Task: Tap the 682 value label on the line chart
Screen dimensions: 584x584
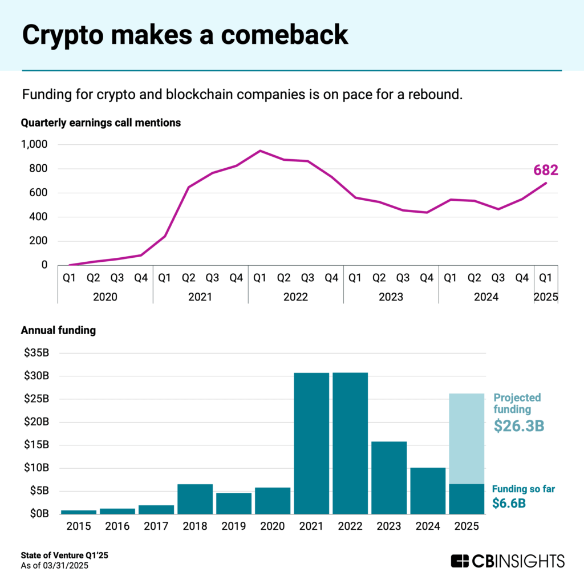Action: (x=546, y=170)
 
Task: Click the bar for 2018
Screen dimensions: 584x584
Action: (x=195, y=499)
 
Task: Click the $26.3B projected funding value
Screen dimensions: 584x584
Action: (x=519, y=425)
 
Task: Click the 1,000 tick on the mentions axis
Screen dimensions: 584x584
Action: (x=36, y=145)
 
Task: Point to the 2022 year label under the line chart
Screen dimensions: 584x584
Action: (x=295, y=297)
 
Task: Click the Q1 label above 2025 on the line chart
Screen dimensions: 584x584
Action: (x=546, y=278)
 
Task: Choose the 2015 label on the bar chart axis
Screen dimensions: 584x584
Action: (x=79, y=526)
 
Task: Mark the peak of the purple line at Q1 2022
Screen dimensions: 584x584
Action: (x=260, y=151)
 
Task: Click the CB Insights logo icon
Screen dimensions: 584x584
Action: (x=460, y=561)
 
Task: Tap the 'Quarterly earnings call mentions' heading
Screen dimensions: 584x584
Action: (x=101, y=122)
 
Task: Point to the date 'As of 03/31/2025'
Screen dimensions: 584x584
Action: (x=55, y=565)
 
